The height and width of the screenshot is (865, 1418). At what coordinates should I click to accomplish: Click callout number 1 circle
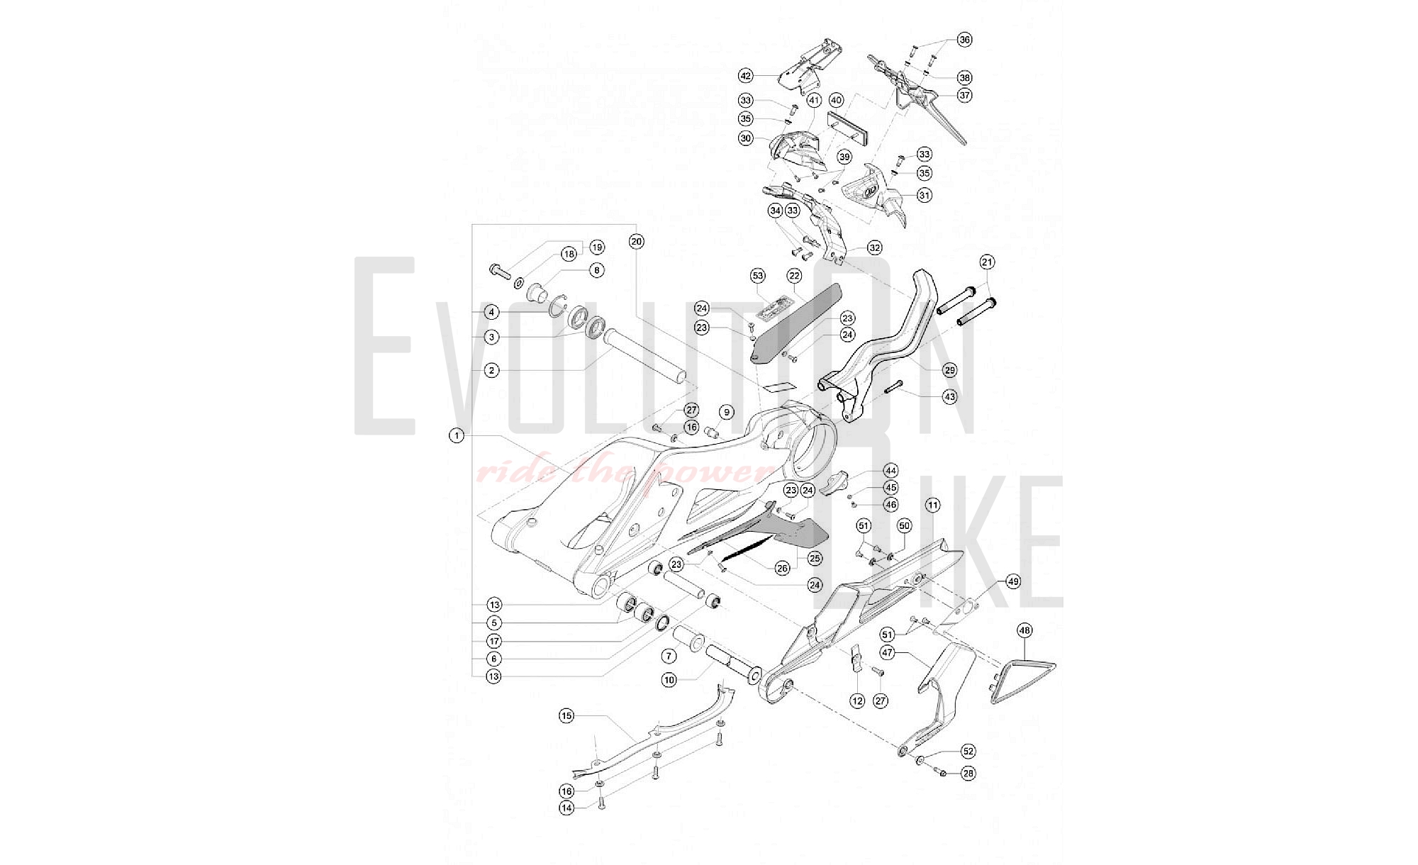(x=457, y=435)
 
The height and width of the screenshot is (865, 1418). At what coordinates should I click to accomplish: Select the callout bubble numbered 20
(x=636, y=242)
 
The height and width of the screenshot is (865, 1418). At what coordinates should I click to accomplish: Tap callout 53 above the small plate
(x=758, y=276)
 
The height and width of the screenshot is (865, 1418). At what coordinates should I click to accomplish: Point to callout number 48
(x=1024, y=630)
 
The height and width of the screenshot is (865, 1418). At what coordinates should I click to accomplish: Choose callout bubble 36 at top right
(x=964, y=40)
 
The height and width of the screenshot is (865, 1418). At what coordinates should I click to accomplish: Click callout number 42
(x=745, y=76)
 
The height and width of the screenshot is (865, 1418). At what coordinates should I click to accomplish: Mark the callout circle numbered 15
(x=566, y=716)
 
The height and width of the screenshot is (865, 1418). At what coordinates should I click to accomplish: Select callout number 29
(x=949, y=369)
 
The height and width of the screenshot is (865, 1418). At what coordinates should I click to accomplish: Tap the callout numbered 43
(x=949, y=397)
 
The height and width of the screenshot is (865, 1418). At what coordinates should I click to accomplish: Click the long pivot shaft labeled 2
(x=645, y=356)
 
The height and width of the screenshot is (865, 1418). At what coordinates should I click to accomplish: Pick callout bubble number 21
(x=987, y=262)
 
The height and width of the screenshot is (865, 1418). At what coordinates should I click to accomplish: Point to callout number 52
(x=968, y=752)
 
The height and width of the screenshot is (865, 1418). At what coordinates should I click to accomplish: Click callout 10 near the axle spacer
(x=669, y=681)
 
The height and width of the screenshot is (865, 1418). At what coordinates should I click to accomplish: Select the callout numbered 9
(x=725, y=413)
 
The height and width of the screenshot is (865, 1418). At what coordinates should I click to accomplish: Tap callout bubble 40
(x=836, y=101)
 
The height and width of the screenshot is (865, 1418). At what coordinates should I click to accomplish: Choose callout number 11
(x=932, y=506)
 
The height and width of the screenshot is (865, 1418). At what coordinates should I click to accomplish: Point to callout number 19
(x=596, y=247)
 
